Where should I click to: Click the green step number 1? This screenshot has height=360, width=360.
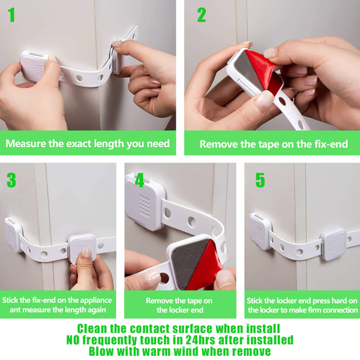11,15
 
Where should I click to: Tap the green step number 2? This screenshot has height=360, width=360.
202,15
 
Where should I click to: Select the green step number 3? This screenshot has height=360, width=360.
11,180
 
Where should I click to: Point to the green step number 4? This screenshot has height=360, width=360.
140,180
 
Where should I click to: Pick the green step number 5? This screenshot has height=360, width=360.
260,180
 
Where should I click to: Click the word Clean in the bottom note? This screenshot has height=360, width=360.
92,329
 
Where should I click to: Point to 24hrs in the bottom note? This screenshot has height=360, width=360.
201,340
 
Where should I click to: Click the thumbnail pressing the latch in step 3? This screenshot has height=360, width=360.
86,253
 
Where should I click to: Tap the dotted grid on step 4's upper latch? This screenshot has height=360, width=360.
145,206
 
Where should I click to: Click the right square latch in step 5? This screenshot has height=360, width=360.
334,244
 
